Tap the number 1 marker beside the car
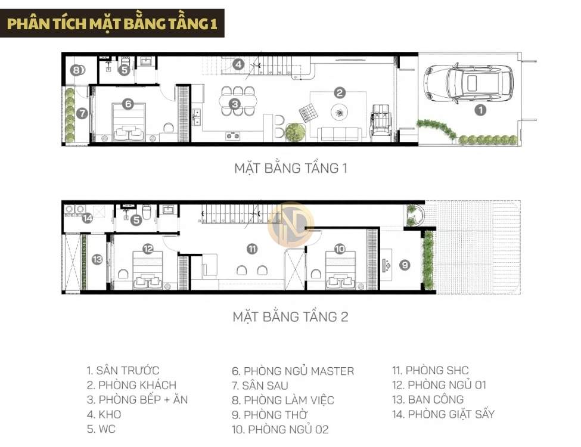(480, 110)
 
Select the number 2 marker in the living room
(339, 92)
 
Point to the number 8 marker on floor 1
(76, 70)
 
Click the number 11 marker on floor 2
(252, 249)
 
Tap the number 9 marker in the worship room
(405, 265)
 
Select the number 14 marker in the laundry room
(88, 218)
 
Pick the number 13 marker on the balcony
(97, 259)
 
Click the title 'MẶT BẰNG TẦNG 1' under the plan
(290, 168)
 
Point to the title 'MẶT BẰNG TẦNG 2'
(290, 316)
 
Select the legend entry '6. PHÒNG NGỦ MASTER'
(293, 371)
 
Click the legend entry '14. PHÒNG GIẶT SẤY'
(443, 414)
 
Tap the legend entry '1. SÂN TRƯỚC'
(123, 371)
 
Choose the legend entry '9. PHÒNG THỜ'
(272, 414)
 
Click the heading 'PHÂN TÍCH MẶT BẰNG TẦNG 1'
(112, 23)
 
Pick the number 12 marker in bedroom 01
(148, 249)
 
